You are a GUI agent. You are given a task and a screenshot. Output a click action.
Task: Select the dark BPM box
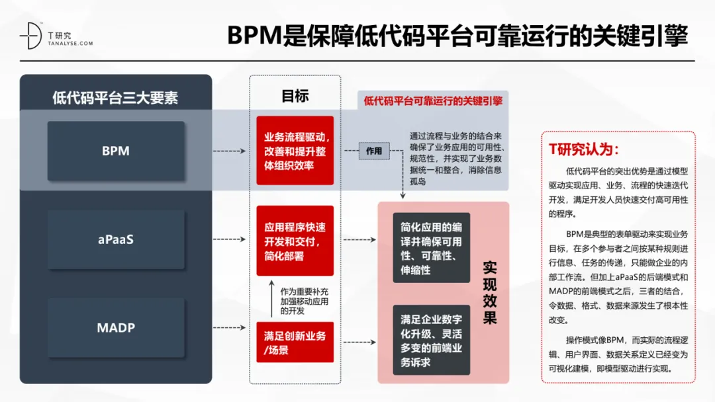pyautogui.click(x=116, y=151)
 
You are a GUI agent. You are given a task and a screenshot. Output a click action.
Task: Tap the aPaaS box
pyautogui.click(x=116, y=239)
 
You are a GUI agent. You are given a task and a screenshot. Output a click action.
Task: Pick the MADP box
pyautogui.click(x=116, y=327)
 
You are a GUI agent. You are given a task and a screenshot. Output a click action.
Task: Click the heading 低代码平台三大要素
pyautogui.click(x=115, y=99)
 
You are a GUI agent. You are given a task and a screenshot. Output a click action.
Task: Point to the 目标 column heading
pyautogui.click(x=295, y=95)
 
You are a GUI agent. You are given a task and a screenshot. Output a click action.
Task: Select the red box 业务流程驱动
pyautogui.click(x=295, y=151)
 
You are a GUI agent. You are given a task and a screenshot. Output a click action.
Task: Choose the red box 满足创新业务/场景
pyautogui.click(x=295, y=342)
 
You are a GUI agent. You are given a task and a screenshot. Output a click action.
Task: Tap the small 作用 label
pyautogui.click(x=374, y=151)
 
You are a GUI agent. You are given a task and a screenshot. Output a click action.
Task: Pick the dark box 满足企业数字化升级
pyautogui.click(x=431, y=340)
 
